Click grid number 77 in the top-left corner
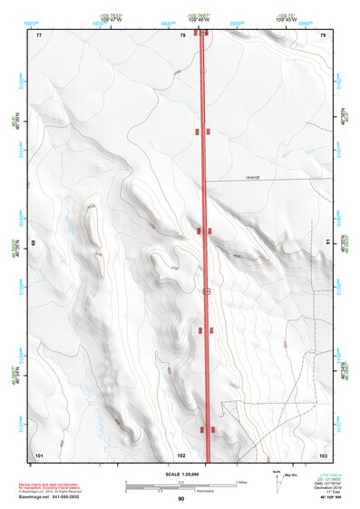[x=39, y=35]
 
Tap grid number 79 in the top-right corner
[x=323, y=35]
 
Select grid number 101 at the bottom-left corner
[x=39, y=454]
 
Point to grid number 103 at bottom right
[x=323, y=454]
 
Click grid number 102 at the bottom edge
[x=181, y=454]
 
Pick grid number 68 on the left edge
[x=35, y=243]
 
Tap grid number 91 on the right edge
[x=326, y=243]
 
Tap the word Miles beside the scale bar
[x=241, y=482]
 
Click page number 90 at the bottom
[x=181, y=500]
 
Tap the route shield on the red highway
[x=207, y=292]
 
